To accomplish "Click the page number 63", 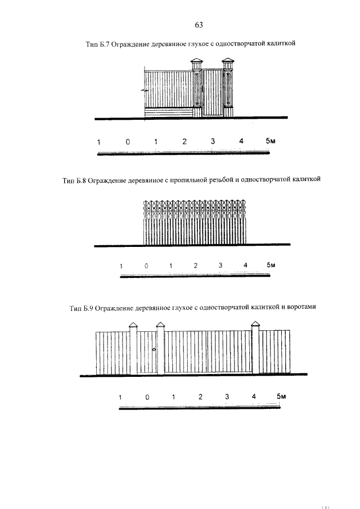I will coord(198,25).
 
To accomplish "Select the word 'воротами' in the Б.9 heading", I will coord(301,308).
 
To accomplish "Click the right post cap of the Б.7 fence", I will coord(228,62).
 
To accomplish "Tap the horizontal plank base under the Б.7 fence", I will coord(169,112).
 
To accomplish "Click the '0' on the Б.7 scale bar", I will coord(128,142).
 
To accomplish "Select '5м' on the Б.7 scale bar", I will coord(271,141).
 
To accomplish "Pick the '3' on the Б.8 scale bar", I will coord(220,265).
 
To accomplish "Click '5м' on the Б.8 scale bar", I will coord(271,264).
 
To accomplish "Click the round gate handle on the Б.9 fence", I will coord(153,350).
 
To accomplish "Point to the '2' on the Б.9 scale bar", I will coord(200,397).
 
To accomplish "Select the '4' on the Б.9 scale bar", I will coord(254,397).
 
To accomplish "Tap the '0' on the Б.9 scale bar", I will coord(147,397).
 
